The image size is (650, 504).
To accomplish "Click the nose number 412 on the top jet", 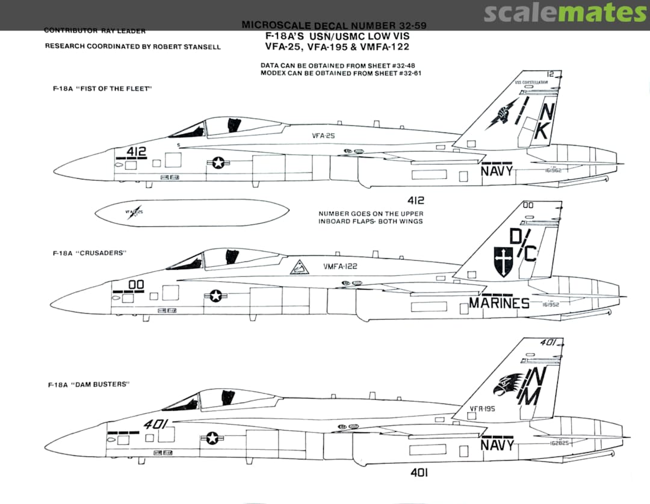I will pos(137,151).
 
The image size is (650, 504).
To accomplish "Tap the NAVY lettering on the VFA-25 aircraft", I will pos(497,171).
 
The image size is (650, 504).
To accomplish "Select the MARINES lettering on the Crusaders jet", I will pos(499,303).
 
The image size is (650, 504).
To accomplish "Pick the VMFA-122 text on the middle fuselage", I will pos(341,266).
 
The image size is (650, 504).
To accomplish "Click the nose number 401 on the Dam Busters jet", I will pos(155,424).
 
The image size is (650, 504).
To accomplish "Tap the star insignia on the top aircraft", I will pos(217,163).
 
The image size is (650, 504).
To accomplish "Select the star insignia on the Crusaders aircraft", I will pos(216,296).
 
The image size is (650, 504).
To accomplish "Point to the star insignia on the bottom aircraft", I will pos(212,438).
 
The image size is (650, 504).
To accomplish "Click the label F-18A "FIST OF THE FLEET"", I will pos(102,89).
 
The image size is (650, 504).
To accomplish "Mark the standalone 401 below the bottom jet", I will pos(419,473).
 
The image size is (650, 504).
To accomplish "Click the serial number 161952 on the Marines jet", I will pos(546,304).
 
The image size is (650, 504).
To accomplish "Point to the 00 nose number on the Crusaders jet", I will pos(136,284).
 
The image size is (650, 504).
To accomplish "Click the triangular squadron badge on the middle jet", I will pos(299,267).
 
